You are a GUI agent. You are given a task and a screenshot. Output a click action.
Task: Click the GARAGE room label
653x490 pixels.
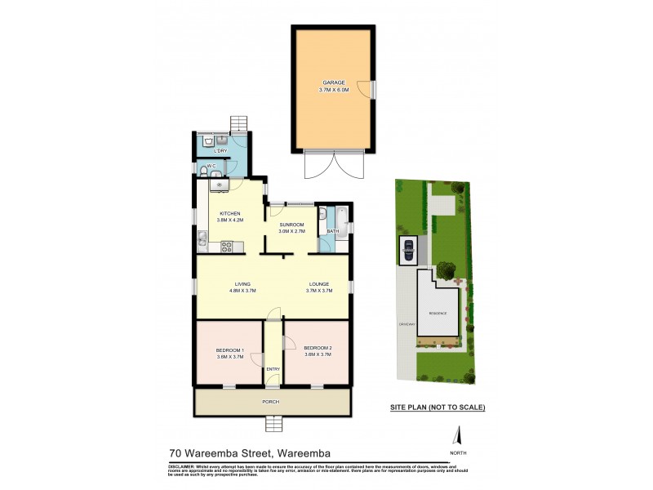333,82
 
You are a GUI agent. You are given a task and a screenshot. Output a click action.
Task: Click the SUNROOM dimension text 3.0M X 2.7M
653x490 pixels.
291,232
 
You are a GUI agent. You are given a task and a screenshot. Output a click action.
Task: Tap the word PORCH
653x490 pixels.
272,401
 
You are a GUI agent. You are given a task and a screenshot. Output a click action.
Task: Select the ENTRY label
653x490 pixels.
273,369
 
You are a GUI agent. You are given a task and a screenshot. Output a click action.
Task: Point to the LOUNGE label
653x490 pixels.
318,284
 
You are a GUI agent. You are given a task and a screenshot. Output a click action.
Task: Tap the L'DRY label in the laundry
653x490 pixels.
219,152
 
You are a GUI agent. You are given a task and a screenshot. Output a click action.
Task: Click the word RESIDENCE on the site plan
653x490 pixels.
438,313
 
